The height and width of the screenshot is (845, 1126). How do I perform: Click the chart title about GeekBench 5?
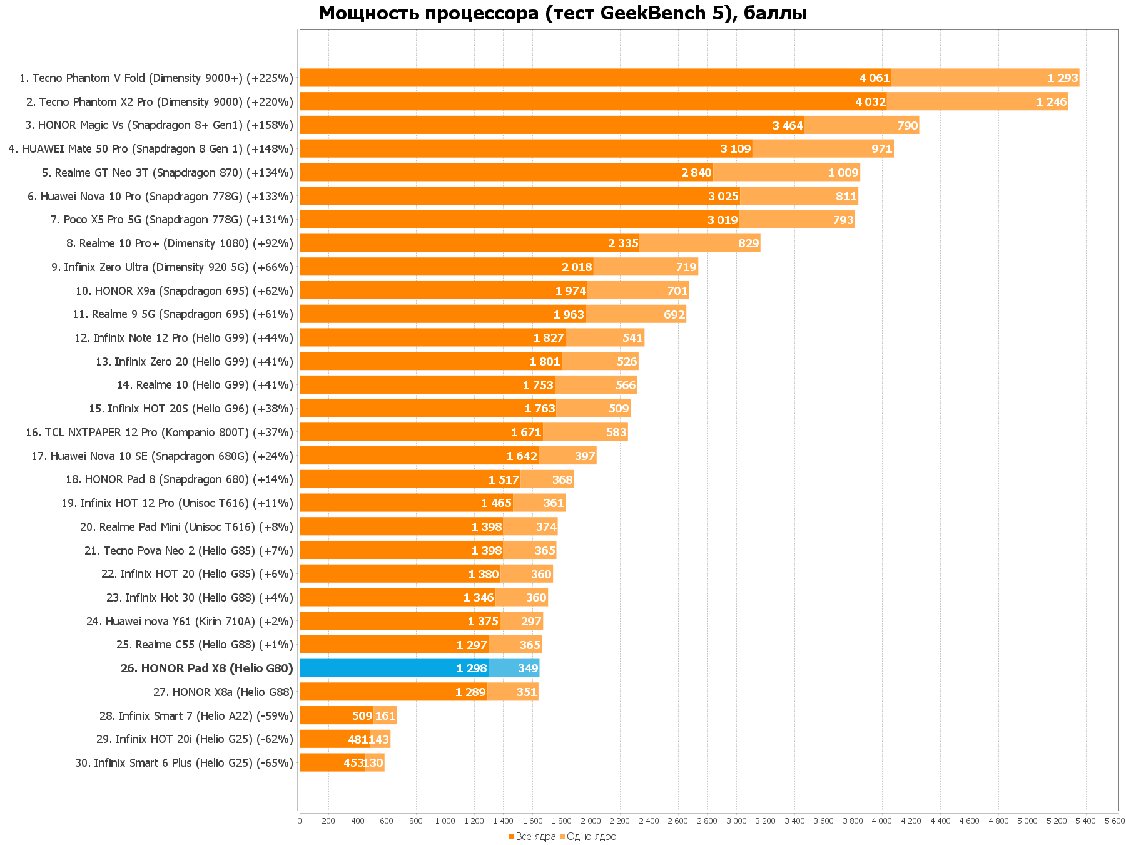click(562, 13)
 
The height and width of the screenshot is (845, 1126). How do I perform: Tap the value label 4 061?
click(874, 78)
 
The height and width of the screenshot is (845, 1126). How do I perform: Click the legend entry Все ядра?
click(532, 837)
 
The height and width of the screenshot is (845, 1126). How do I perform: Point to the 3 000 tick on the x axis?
click(736, 821)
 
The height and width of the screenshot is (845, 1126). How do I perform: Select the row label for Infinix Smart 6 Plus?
click(184, 763)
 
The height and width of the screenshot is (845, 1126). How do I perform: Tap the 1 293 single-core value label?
click(1062, 78)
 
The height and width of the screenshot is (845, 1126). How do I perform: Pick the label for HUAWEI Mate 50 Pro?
click(151, 149)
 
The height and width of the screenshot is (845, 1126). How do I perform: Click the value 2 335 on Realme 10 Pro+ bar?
click(622, 243)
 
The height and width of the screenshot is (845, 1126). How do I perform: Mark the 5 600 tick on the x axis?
click(1115, 821)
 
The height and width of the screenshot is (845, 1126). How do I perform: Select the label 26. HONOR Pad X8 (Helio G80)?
click(206, 668)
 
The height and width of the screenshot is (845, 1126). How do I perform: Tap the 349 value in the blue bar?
click(527, 668)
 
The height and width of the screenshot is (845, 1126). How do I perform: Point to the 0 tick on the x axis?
click(300, 821)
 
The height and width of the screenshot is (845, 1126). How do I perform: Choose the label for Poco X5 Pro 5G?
click(172, 220)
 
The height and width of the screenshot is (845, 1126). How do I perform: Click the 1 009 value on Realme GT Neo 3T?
click(843, 173)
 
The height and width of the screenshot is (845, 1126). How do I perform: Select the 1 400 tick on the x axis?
click(503, 821)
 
